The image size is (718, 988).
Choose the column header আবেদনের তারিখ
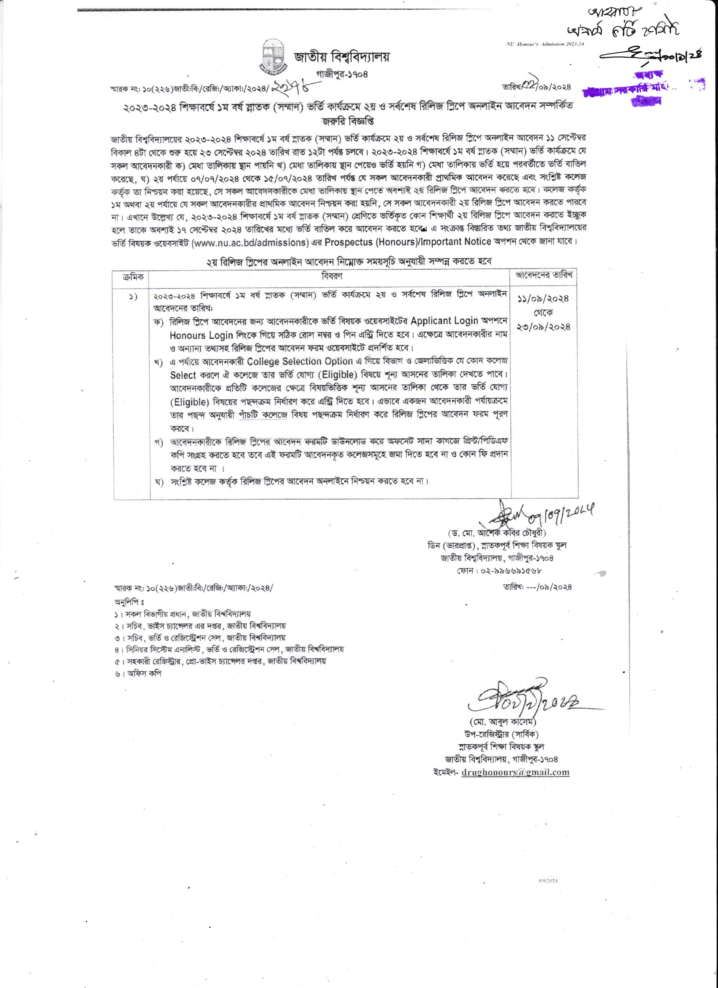click(544, 275)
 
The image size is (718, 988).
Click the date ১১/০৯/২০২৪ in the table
click(543, 299)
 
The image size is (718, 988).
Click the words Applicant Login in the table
click(444, 321)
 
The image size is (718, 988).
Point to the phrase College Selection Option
click(300, 362)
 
